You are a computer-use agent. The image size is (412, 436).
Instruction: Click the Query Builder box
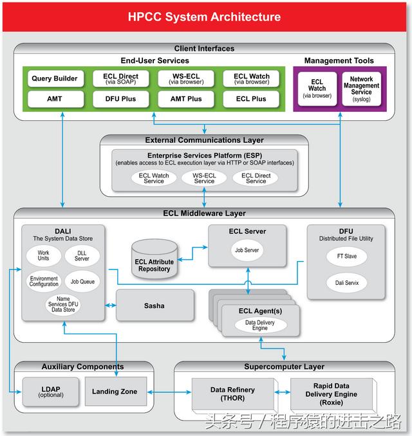coord(55,78)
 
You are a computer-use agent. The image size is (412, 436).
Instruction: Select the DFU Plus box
coord(121,99)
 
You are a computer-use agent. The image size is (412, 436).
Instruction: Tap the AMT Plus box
coord(186,99)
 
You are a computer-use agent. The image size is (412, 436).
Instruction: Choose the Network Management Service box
coord(361,89)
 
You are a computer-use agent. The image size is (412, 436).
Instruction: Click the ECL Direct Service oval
coord(256,178)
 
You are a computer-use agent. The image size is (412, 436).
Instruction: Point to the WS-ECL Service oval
coord(204,178)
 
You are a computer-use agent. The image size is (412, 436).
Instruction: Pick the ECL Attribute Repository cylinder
coord(154,259)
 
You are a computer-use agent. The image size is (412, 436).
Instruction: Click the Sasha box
coord(154,305)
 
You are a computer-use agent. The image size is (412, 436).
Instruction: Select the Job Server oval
coord(247,250)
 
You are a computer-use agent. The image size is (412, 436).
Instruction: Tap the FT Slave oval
coord(346,256)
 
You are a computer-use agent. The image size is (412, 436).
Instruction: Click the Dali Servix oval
coord(346,283)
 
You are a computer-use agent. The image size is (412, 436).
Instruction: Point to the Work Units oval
coord(44,255)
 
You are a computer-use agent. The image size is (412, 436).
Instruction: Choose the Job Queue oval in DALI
coord(82,282)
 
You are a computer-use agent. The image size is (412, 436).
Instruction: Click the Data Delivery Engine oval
coord(260,325)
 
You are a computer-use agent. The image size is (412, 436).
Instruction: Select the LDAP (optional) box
coord(50,392)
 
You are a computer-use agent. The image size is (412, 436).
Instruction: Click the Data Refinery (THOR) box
coord(233,394)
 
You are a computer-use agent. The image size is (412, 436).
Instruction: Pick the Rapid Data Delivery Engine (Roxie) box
coord(332,394)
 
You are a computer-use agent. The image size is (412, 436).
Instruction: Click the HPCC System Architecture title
coord(204,17)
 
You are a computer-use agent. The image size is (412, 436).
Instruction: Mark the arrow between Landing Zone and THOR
coord(169,392)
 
